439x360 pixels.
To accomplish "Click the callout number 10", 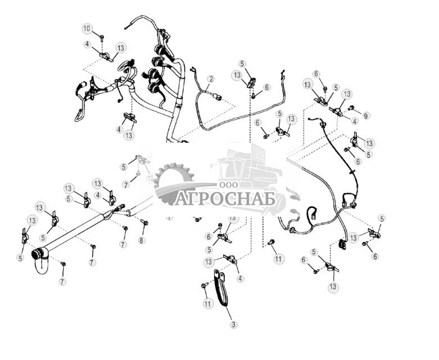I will [x=87, y=28].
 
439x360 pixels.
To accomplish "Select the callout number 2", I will [x=211, y=79].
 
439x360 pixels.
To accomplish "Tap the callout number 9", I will [x=366, y=116].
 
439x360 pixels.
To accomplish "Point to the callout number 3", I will [x=234, y=325].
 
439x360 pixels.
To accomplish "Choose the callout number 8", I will [x=142, y=240].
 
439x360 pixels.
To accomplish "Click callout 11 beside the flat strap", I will [x=208, y=303].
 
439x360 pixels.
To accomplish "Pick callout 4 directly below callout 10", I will [x=87, y=44].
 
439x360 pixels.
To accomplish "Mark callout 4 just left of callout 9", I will [x=355, y=120].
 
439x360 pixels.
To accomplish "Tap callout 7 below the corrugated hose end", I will [x=62, y=281].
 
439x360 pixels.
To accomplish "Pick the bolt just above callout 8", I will [x=144, y=223].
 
